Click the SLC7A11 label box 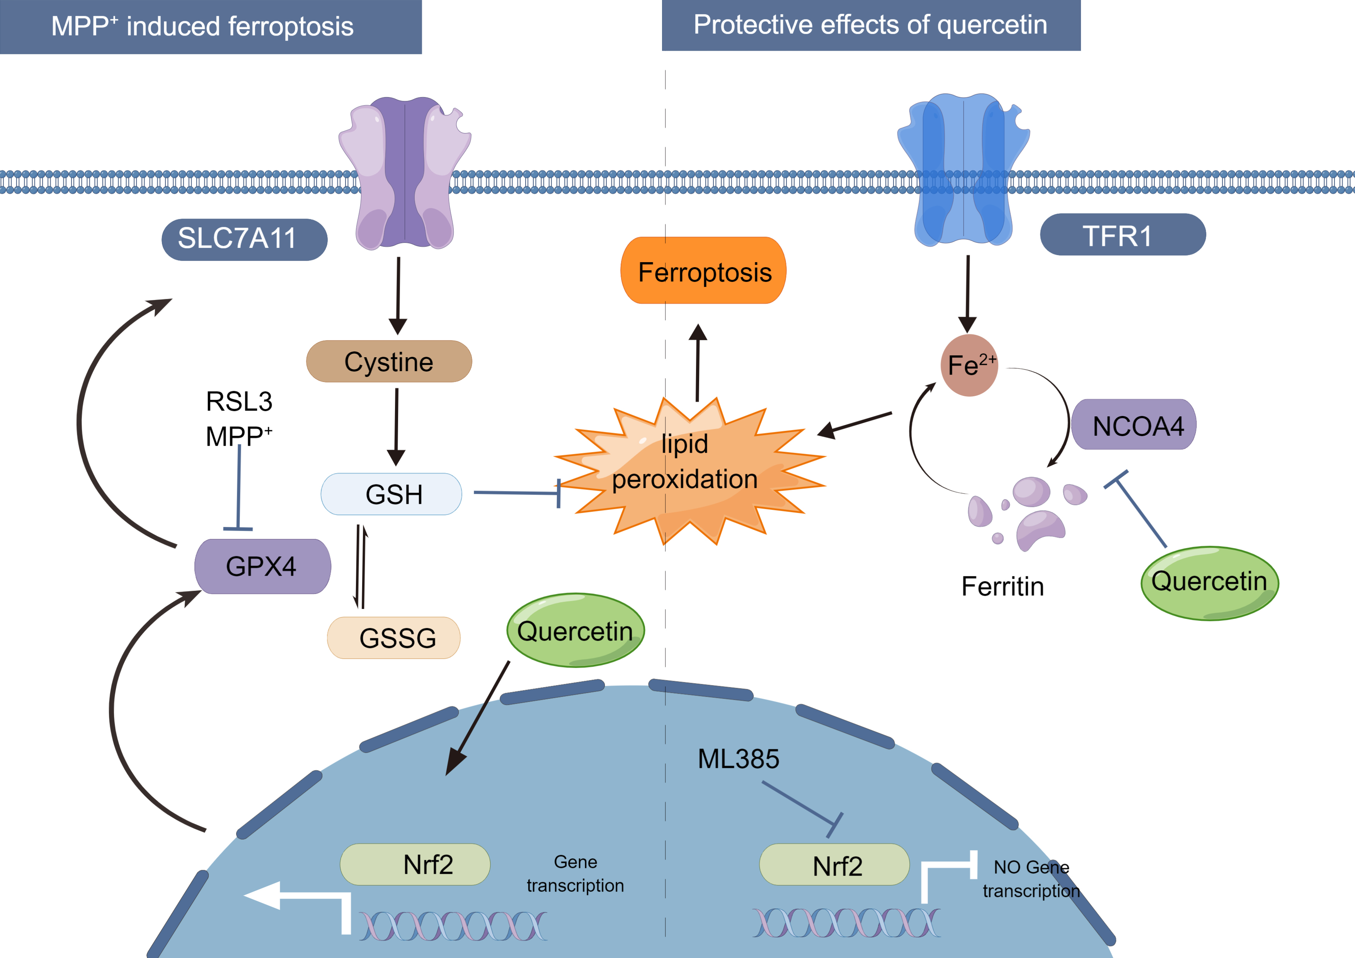pos(244,239)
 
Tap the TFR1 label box pos(1122,235)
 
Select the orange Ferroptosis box pos(703,271)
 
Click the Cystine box pos(389,361)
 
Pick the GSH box pos(391,494)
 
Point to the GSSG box pos(394,638)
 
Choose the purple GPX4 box pos(263,566)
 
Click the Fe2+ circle pos(969,365)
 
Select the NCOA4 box pos(1134,425)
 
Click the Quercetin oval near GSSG pos(575,631)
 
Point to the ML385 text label pos(738,759)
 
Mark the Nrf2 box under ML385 pos(834,865)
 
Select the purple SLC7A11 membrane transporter pos(405,172)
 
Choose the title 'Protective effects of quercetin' pos(870,26)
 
